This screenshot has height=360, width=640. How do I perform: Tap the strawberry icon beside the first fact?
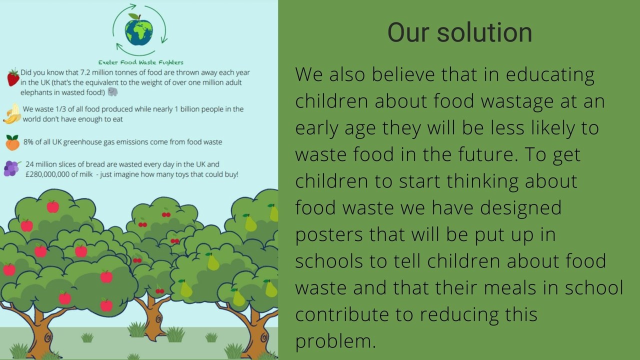[13, 77]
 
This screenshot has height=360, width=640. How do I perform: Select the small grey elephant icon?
[113, 91]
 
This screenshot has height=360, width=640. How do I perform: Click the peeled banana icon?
[12, 113]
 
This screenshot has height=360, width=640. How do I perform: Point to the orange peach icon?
[12, 142]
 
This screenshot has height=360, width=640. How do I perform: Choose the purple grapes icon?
[11, 168]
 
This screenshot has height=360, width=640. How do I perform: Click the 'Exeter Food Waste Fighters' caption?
[141, 62]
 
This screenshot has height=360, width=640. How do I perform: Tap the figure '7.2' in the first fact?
[85, 72]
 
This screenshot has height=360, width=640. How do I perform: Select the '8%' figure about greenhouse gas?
[28, 142]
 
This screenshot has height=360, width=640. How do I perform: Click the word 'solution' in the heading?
[484, 32]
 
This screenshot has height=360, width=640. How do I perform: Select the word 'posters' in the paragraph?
[328, 235]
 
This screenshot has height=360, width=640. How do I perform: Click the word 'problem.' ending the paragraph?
[335, 341]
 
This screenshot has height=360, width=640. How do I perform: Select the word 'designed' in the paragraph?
[520, 207]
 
